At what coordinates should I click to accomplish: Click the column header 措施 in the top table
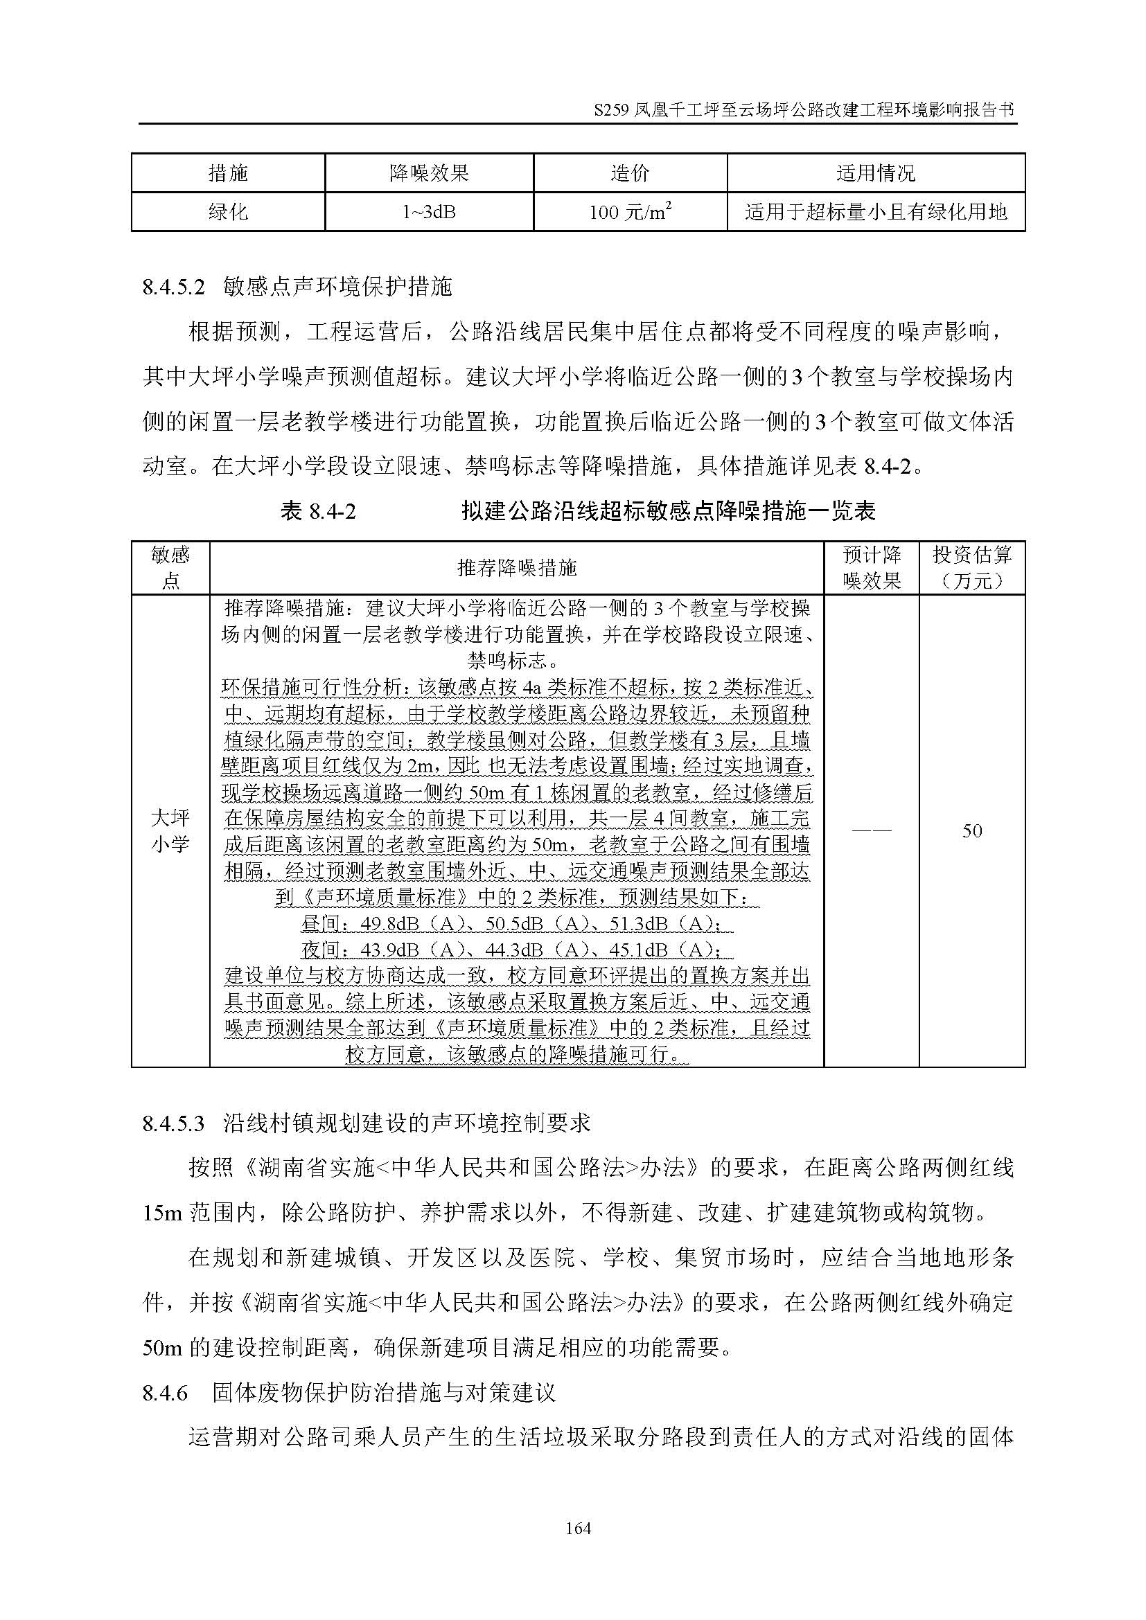click(x=228, y=173)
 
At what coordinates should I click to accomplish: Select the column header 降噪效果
click(x=429, y=173)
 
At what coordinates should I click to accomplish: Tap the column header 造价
click(x=629, y=173)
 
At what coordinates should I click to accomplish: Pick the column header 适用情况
click(x=875, y=173)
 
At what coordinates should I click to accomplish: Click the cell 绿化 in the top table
click(x=228, y=212)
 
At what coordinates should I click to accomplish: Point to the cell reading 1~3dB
click(x=429, y=212)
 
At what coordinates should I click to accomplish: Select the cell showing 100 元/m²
click(x=629, y=212)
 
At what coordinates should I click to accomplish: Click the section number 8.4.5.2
click(x=174, y=287)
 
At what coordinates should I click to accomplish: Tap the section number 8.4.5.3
click(x=174, y=1123)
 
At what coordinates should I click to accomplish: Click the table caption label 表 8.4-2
click(x=317, y=511)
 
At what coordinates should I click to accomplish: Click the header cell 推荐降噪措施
click(x=517, y=567)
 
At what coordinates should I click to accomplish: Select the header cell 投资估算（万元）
click(x=971, y=567)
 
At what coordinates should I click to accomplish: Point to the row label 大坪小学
click(x=170, y=830)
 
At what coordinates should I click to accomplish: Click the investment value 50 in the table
click(x=971, y=830)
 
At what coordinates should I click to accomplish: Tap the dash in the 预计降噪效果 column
click(x=871, y=830)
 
